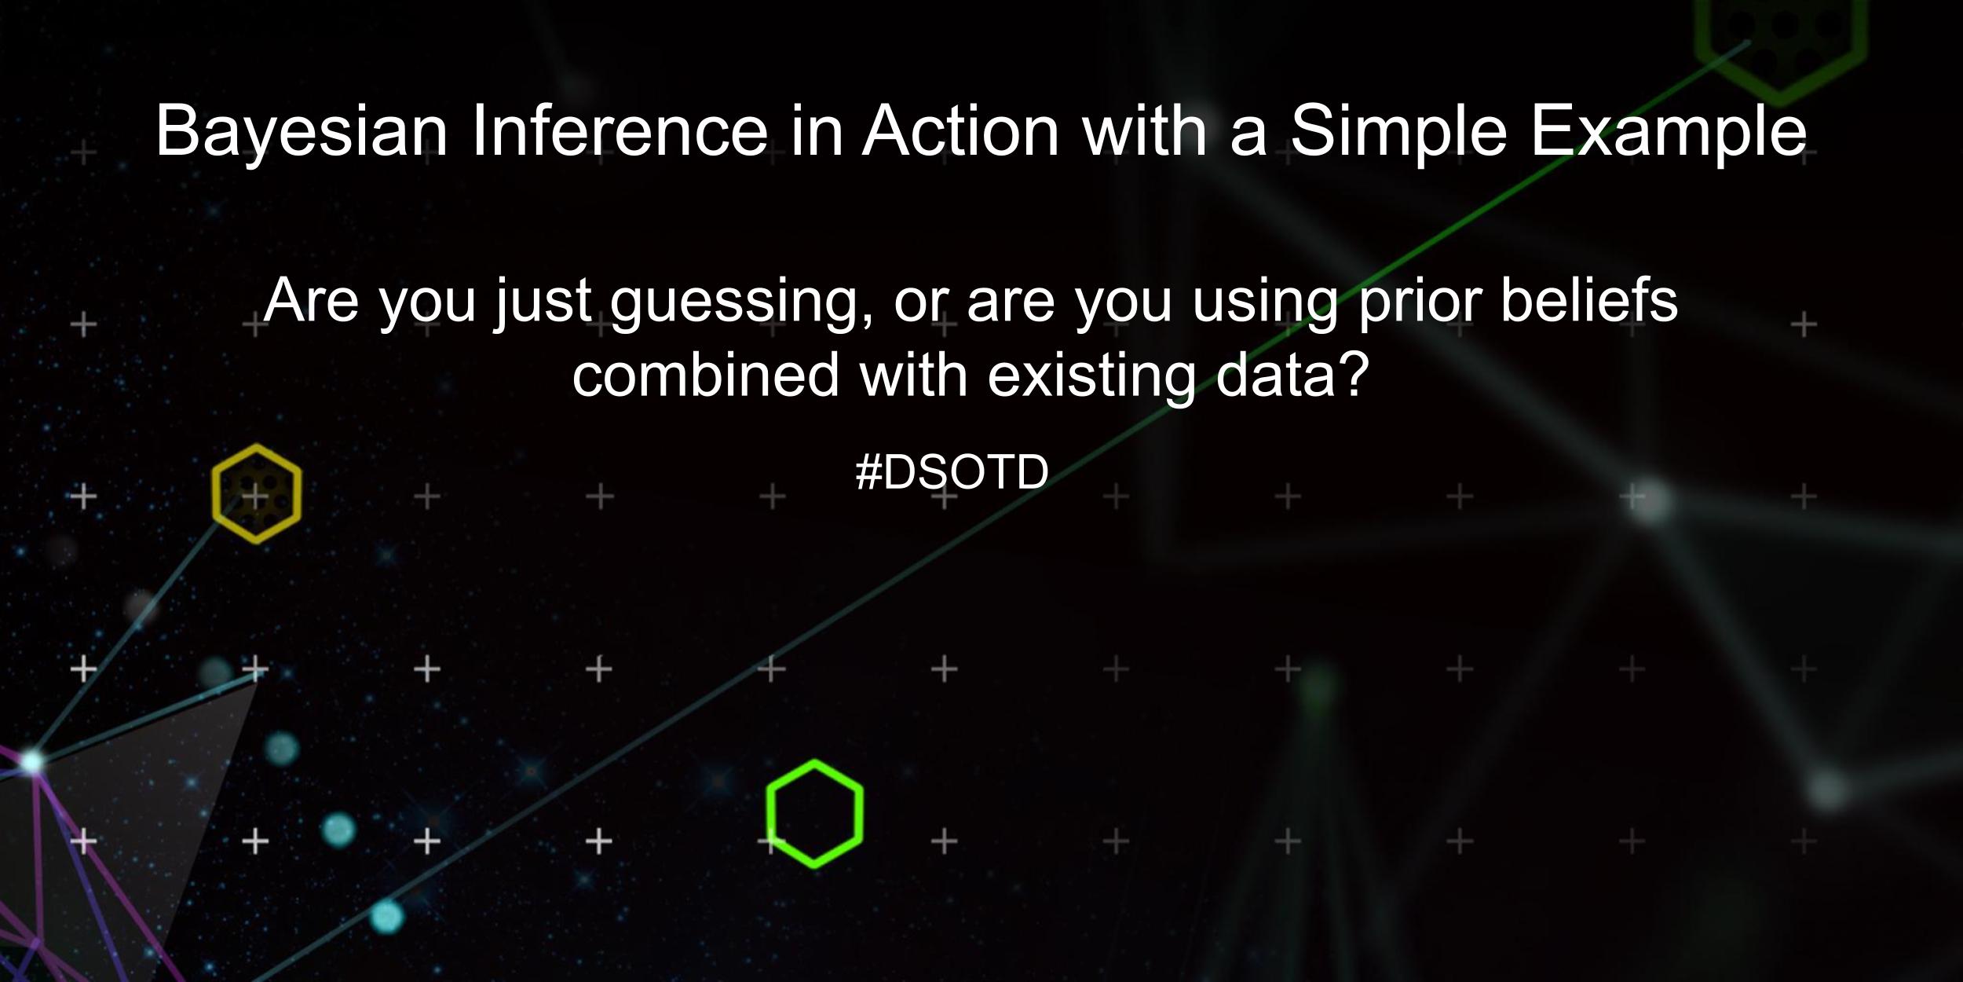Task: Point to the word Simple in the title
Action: point(1398,132)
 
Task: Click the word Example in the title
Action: point(1668,132)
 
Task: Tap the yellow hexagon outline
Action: point(256,493)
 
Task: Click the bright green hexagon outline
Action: point(814,813)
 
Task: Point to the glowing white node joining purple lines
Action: point(31,761)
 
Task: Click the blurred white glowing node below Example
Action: point(1651,500)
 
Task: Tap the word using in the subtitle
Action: point(1264,303)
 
